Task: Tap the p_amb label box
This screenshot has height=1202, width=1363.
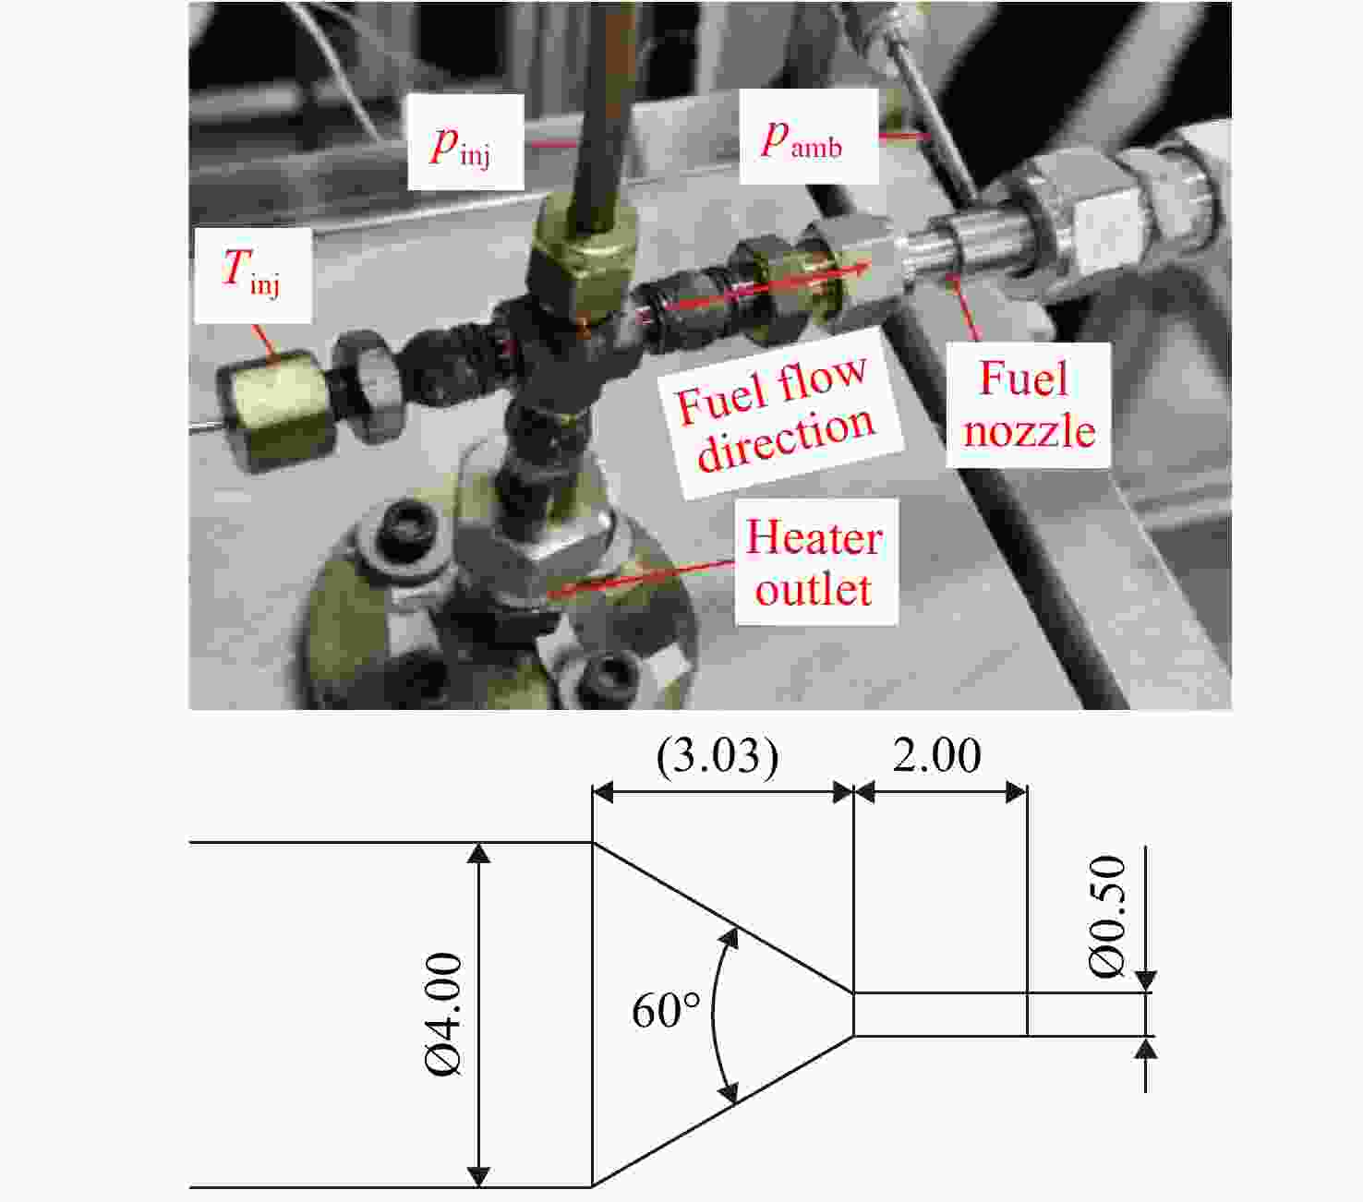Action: (x=809, y=138)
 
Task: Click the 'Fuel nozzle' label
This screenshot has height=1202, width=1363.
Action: (x=1028, y=404)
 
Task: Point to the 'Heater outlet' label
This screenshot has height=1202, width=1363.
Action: (x=814, y=562)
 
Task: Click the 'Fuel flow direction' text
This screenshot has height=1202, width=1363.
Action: (x=776, y=413)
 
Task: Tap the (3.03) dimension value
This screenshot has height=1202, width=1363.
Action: (x=718, y=756)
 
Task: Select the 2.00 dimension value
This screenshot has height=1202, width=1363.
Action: (x=936, y=755)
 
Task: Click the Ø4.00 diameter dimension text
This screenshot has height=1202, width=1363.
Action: (x=445, y=1015)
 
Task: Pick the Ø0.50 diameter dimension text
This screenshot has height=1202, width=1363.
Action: (x=1106, y=916)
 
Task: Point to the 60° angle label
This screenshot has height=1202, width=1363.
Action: (x=666, y=1010)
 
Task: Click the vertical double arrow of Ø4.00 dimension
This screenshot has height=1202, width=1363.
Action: (x=478, y=1015)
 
